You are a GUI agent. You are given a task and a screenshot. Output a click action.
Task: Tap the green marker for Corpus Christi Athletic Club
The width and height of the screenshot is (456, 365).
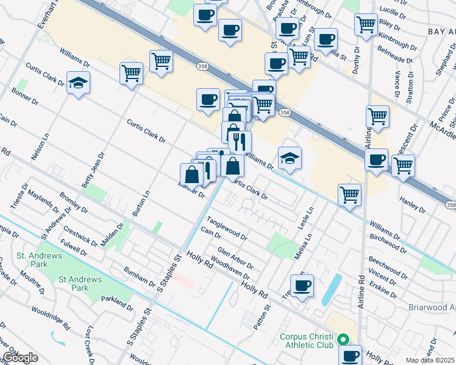tap(343, 340)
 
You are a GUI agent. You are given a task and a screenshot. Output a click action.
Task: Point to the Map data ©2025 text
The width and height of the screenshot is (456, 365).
tap(430, 360)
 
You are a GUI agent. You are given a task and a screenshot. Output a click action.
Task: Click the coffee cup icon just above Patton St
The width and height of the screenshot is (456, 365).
tap(302, 285)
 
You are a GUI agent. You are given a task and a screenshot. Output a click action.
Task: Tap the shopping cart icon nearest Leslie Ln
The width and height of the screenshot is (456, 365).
tap(350, 195)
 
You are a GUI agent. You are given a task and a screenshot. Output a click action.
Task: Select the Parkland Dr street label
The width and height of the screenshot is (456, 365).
tap(117, 302)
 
